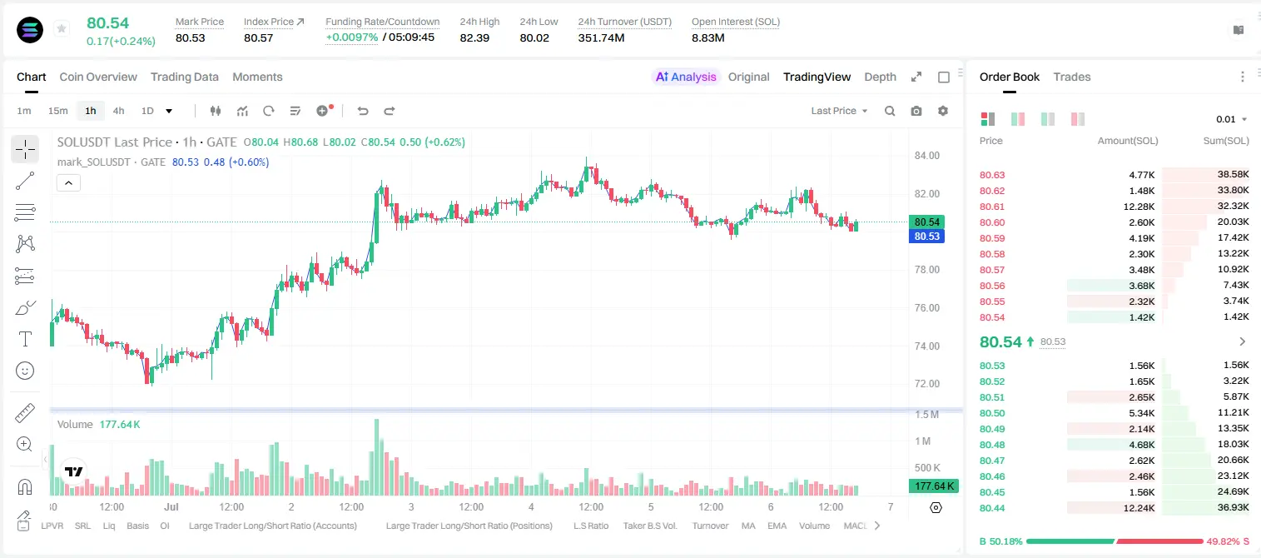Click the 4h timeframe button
[x=118, y=111]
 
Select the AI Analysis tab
[x=686, y=77]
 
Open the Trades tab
[x=1072, y=77]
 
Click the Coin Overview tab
[x=98, y=77]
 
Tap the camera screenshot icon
[x=916, y=111]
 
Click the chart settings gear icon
[x=943, y=111]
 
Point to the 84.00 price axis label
[x=926, y=156]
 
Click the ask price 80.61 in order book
[x=992, y=207]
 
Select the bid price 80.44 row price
[x=992, y=508]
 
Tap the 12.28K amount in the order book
[x=1139, y=207]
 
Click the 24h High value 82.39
[x=474, y=37]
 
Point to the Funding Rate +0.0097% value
[x=352, y=37]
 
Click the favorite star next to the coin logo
[x=62, y=28]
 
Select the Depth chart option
[x=880, y=77]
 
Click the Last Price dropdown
[x=839, y=111]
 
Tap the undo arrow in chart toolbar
[x=363, y=111]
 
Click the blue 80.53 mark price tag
[x=926, y=237]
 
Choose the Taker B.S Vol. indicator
[x=649, y=526]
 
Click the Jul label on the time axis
[x=171, y=506]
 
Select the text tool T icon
[x=25, y=339]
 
